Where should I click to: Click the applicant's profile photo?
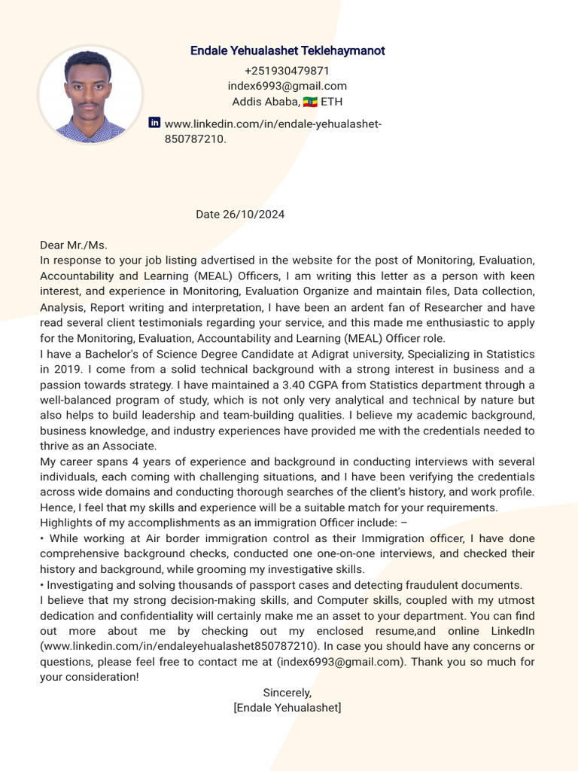coord(90,95)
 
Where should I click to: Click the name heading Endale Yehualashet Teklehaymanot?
coord(287,51)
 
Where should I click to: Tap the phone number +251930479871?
coord(287,71)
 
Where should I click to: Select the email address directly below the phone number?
coord(287,86)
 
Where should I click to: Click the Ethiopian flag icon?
coord(310,102)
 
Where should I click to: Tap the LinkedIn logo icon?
coord(155,122)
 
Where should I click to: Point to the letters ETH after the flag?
coord(332,102)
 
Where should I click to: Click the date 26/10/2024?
coord(254,215)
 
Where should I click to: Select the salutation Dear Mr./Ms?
coord(74,245)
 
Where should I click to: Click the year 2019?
coord(66,370)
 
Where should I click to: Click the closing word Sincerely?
coord(287,693)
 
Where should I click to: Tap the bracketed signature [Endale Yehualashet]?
coord(287,708)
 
